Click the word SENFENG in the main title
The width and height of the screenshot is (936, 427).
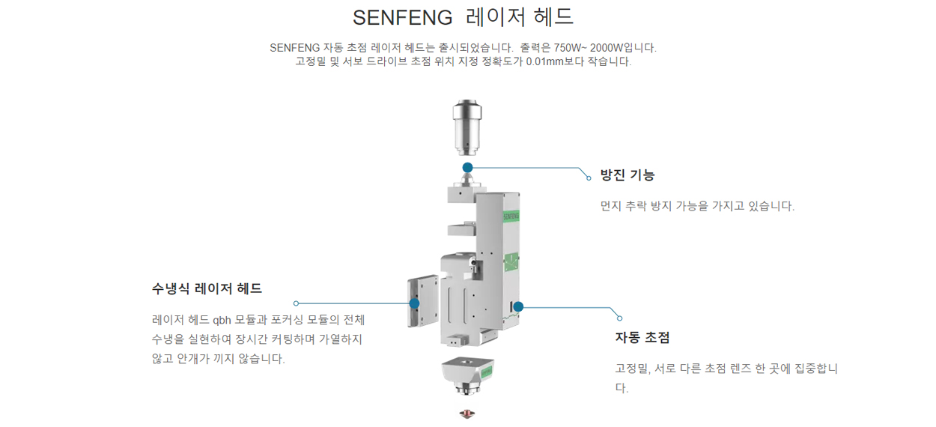pyautogui.click(x=403, y=17)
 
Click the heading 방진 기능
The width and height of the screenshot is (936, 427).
pyautogui.click(x=627, y=175)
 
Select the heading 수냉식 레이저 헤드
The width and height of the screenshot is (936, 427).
pyautogui.click(x=207, y=288)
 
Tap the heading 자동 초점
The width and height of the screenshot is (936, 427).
pyautogui.click(x=642, y=337)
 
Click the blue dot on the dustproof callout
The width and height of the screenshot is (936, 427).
pyautogui.click(x=467, y=167)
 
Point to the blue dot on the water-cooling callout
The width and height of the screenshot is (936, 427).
pyautogui.click(x=414, y=303)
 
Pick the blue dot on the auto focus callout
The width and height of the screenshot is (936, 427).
pyautogui.click(x=518, y=306)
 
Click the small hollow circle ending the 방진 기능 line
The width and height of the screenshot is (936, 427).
pyautogui.click(x=589, y=178)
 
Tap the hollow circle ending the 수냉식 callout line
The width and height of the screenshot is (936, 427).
pyautogui.click(x=297, y=303)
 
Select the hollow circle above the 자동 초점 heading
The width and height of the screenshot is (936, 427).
pyautogui.click(x=619, y=318)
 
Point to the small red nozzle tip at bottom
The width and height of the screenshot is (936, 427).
pyautogui.click(x=467, y=414)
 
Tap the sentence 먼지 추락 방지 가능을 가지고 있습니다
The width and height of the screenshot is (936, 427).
pyautogui.click(x=697, y=206)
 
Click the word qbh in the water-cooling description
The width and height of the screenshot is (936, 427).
pyautogui.click(x=222, y=320)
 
